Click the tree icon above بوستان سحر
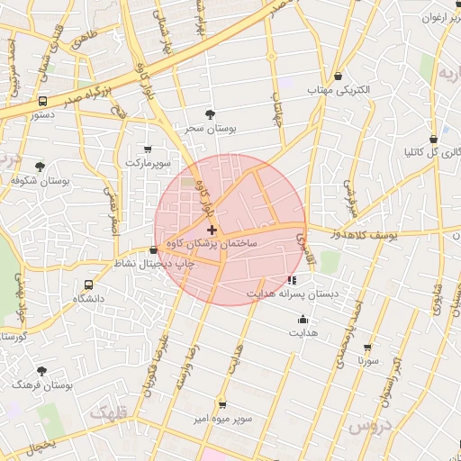coord(210,114)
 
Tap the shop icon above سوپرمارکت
coord(148,149)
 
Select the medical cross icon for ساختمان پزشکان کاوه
coord(212,231)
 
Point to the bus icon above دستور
coord(42,102)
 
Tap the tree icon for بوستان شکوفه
coord(40,167)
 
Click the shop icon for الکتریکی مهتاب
coord(338,77)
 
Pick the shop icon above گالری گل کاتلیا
coord(434,140)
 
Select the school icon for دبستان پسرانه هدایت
coord(291,280)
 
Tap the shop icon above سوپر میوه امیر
coord(222,405)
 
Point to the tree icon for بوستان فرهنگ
coord(41,370)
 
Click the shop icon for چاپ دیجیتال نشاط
coord(153,250)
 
